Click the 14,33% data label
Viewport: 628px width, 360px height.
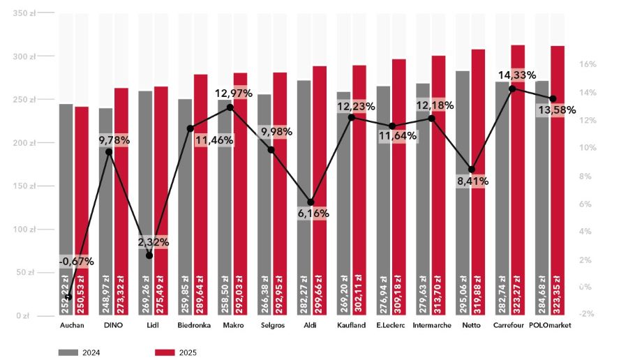coord(516,75)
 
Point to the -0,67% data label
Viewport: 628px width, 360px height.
coord(77,262)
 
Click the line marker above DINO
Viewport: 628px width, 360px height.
coord(108,151)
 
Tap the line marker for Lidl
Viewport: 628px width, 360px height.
coord(149,255)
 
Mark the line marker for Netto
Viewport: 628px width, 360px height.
coord(472,170)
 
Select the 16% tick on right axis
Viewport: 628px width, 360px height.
coord(588,64)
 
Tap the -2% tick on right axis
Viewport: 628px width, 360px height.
coord(587,313)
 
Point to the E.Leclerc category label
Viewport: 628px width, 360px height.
coord(391,326)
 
